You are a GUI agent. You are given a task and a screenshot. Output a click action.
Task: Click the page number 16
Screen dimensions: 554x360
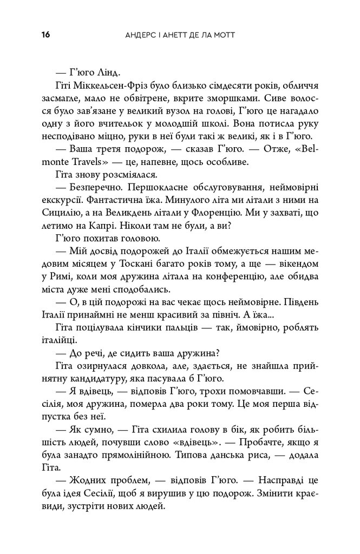click(45, 35)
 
